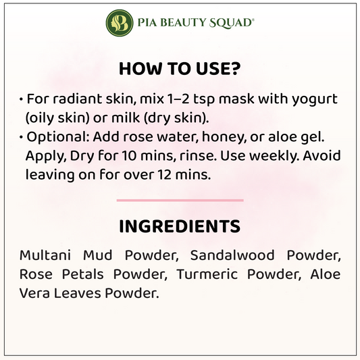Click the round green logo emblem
pyautogui.click(x=120, y=23)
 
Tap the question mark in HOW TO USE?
pyautogui.click(x=234, y=68)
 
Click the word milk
pyautogui.click(x=126, y=118)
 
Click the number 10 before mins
pyautogui.click(x=129, y=156)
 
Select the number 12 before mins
pyautogui.click(x=164, y=175)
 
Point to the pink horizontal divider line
pyautogui.click(x=180, y=200)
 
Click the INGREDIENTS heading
pyautogui.click(x=180, y=226)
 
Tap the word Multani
pyautogui.click(x=45, y=255)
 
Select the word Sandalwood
pyautogui.click(x=232, y=255)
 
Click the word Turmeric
pyautogui.click(x=207, y=274)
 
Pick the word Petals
pyautogui.click(x=83, y=274)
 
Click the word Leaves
pyautogui.click(x=78, y=293)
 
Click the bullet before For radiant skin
pyautogui.click(x=21, y=100)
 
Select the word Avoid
pyautogui.click(x=322, y=155)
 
